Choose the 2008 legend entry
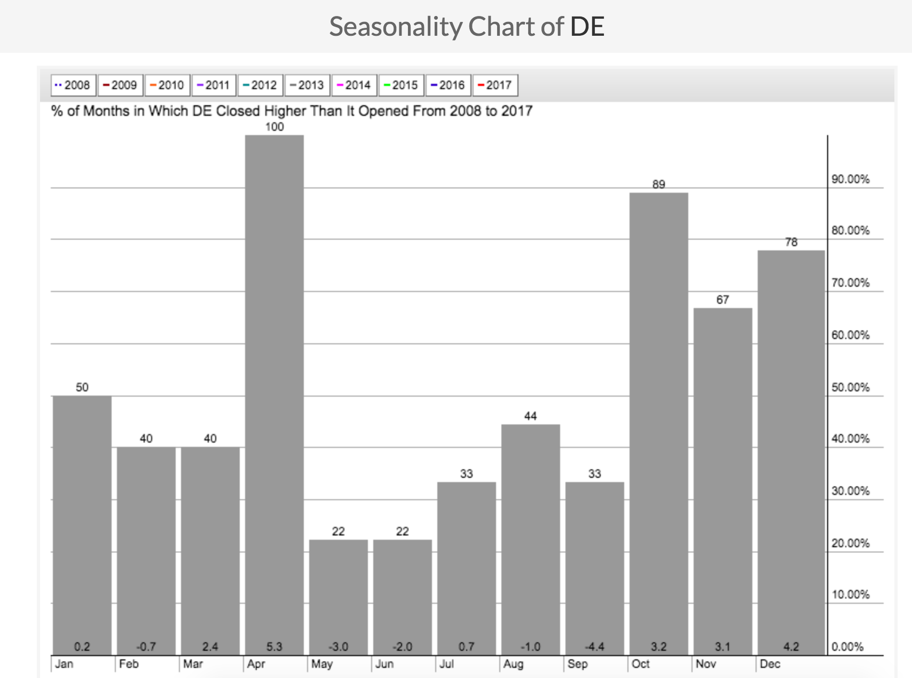click(x=73, y=85)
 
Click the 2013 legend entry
click(x=307, y=85)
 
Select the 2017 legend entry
click(x=495, y=85)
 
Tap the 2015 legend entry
click(x=401, y=85)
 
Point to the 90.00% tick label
click(x=850, y=179)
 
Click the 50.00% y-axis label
click(x=850, y=388)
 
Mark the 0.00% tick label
click(x=847, y=647)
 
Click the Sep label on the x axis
click(x=577, y=664)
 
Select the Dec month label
click(x=770, y=664)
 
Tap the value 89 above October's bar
click(x=658, y=184)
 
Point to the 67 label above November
click(x=722, y=300)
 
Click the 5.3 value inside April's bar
click(x=274, y=647)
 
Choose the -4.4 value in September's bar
click(x=594, y=647)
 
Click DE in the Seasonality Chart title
click(x=587, y=27)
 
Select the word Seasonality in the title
click(x=395, y=27)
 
